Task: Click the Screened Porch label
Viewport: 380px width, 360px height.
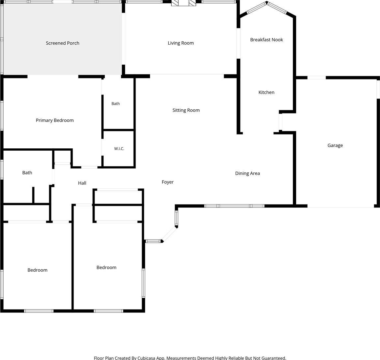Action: click(63, 43)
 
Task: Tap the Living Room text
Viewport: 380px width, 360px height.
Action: click(181, 43)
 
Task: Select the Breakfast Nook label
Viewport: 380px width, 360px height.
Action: click(266, 40)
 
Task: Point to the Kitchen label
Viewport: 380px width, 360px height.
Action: click(266, 92)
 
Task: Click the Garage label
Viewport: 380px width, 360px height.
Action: click(335, 145)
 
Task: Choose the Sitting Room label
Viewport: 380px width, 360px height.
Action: click(186, 110)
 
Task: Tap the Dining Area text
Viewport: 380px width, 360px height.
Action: click(247, 173)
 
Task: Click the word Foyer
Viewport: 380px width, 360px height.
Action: click(168, 182)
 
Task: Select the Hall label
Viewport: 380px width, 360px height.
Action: click(82, 183)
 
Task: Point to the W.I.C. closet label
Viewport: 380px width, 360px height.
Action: click(119, 149)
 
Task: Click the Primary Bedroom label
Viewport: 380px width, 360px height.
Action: click(55, 120)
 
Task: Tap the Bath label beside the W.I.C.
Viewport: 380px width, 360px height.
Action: click(116, 103)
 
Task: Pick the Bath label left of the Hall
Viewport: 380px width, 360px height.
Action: click(27, 173)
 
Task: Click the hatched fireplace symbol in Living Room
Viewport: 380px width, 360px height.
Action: click(183, 3)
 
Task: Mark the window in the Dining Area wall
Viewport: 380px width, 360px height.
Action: click(234, 206)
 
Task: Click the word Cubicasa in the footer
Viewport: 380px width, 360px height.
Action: click(146, 358)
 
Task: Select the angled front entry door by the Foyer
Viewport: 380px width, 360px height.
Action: click(169, 234)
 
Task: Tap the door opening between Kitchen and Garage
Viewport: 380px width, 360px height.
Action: click(280, 122)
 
